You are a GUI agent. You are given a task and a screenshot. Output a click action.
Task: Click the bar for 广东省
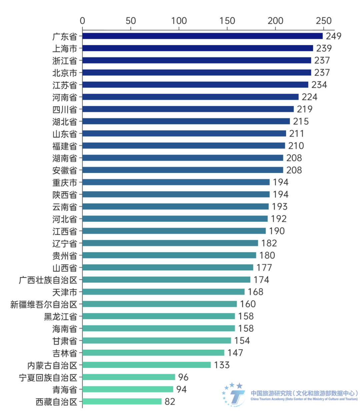[x=203, y=36]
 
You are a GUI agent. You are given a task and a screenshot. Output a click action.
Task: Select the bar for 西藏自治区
[x=122, y=401]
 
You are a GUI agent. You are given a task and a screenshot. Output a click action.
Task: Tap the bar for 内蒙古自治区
[x=147, y=365]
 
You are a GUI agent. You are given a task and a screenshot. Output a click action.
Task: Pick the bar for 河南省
[x=191, y=97]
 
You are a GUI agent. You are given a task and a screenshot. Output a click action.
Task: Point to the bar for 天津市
[x=164, y=292]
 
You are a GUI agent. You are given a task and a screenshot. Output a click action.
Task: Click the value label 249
[x=334, y=36]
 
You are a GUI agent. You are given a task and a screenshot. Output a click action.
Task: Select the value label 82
[x=170, y=402]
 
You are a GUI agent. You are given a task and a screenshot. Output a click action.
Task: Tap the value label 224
[x=310, y=97]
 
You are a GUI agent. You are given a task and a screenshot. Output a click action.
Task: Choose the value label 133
[x=222, y=365]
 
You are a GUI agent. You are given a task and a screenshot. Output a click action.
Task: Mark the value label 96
[x=183, y=377]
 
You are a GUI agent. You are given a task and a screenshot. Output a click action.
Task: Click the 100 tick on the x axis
[x=179, y=21]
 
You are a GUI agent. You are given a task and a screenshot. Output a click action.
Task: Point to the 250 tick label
[x=324, y=21]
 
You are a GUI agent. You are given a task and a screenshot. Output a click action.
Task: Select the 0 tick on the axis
[x=82, y=21]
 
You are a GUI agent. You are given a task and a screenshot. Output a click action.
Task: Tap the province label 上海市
[x=65, y=48]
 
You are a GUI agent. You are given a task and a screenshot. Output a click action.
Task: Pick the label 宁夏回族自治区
[x=48, y=377]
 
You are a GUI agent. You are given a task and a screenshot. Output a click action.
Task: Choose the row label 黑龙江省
[x=61, y=316]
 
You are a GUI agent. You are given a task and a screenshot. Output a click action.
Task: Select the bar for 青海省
[x=128, y=389]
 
